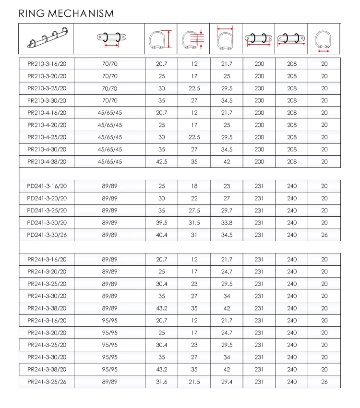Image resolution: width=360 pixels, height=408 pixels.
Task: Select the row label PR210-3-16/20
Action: pyautogui.click(x=47, y=64)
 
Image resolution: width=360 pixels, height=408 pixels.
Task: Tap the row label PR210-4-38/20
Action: pyautogui.click(x=47, y=161)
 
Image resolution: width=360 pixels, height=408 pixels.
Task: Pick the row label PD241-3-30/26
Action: pyautogui.click(x=47, y=235)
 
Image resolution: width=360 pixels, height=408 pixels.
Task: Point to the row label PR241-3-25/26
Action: pyautogui.click(x=47, y=382)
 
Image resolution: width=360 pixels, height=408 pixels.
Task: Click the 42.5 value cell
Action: pyautogui.click(x=162, y=161)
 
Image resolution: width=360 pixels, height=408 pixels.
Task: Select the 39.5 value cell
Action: pyautogui.click(x=162, y=223)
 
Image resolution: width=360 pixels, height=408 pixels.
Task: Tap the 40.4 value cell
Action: pyautogui.click(x=162, y=235)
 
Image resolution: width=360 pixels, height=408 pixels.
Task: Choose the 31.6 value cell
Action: pyautogui.click(x=162, y=382)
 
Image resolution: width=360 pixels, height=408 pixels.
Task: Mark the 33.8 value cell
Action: pyautogui.click(x=227, y=223)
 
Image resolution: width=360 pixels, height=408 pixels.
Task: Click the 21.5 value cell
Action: pyautogui.click(x=194, y=382)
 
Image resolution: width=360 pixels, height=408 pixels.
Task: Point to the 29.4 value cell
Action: pyautogui.click(x=227, y=382)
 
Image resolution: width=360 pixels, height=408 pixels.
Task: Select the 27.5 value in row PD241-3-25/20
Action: pyautogui.click(x=194, y=210)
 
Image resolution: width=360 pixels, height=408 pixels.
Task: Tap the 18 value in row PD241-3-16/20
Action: pyautogui.click(x=194, y=186)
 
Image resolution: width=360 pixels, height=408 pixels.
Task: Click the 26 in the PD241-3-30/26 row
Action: pyautogui.click(x=324, y=235)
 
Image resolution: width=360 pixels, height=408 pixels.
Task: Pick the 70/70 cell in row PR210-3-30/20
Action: pyautogui.click(x=110, y=100)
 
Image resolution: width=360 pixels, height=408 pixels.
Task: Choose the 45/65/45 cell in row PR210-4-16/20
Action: pyautogui.click(x=110, y=112)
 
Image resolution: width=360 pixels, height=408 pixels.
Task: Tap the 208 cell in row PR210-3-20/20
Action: pyautogui.click(x=292, y=76)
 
